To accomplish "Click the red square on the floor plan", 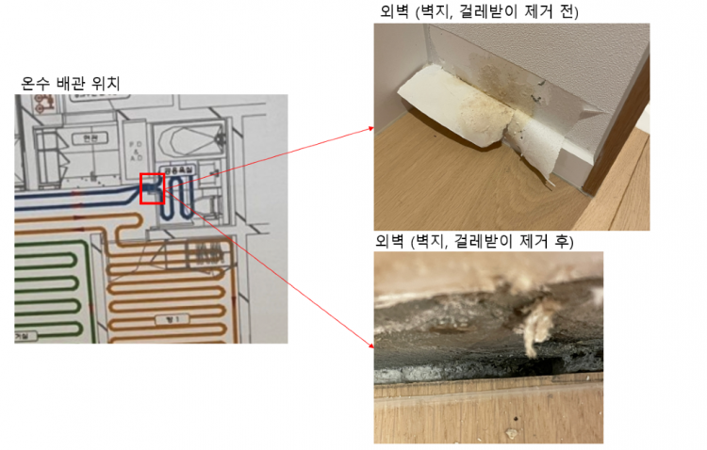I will click(x=152, y=188).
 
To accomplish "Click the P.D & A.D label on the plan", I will click(x=135, y=151).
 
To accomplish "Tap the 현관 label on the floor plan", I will click(x=90, y=137).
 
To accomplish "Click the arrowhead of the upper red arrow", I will click(x=370, y=133).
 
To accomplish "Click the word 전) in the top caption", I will click(x=568, y=11).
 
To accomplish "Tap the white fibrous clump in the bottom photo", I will click(x=534, y=325).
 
